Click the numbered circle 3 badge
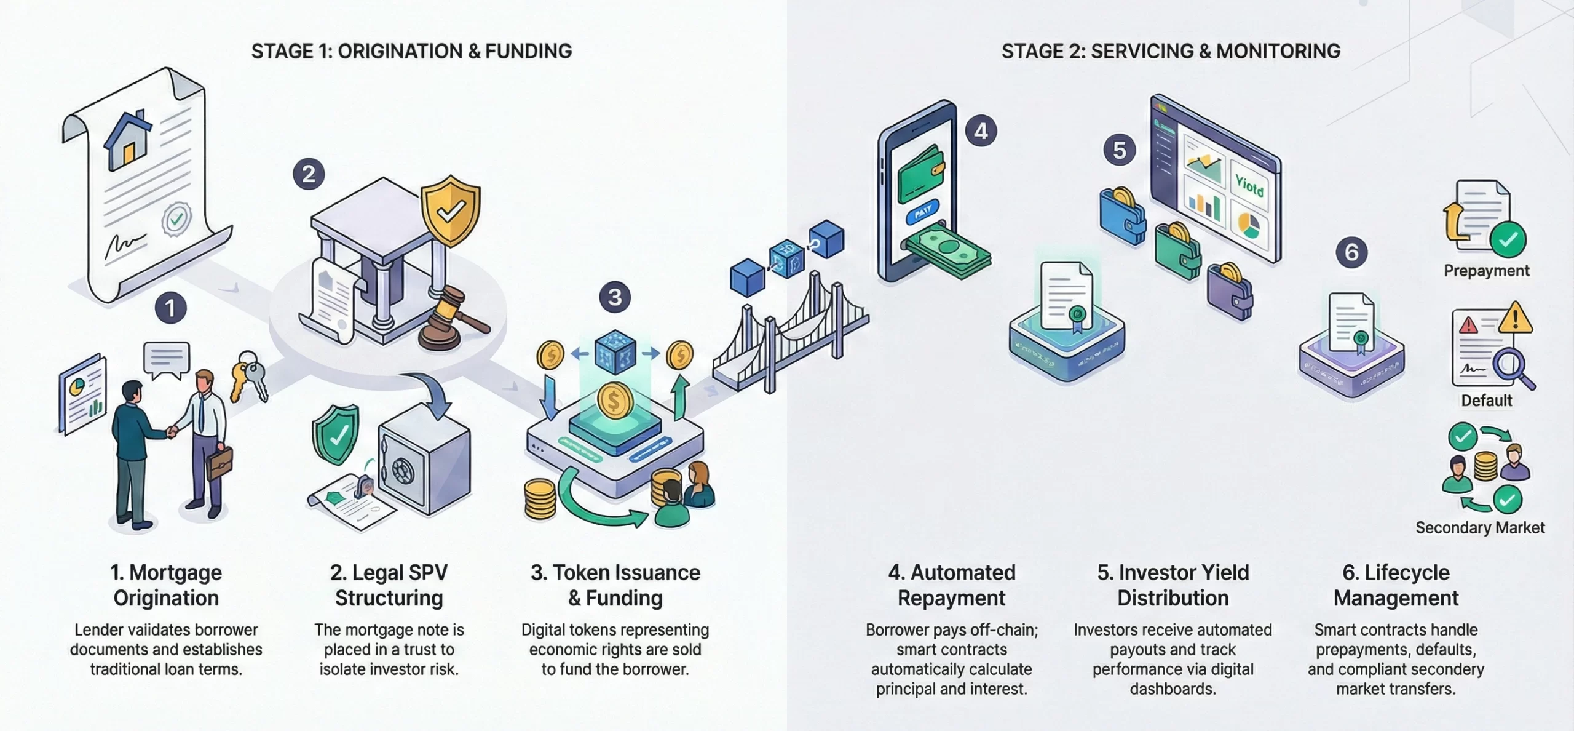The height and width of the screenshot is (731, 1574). [614, 298]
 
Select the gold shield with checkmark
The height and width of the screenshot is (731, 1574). [451, 211]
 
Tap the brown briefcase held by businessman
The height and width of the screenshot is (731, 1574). [219, 463]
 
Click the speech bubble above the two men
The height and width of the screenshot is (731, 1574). [166, 359]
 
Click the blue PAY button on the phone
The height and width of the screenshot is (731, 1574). [923, 212]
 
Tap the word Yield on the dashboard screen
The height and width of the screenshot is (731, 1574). [1249, 185]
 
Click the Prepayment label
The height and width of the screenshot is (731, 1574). [1486, 271]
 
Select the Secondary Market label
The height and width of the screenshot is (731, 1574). [1479, 528]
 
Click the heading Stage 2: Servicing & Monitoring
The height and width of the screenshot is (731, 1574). [1171, 51]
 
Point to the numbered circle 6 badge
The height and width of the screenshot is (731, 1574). [1351, 252]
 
